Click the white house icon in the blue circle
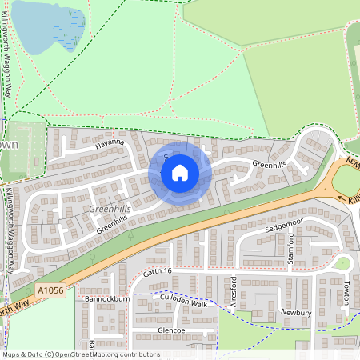click(x=180, y=173)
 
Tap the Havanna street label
click(x=110, y=143)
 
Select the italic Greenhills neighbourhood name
click(x=110, y=210)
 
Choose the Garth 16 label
click(x=158, y=272)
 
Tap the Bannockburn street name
click(x=107, y=298)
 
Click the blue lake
click(x=48, y=26)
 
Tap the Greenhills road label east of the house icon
click(x=269, y=165)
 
